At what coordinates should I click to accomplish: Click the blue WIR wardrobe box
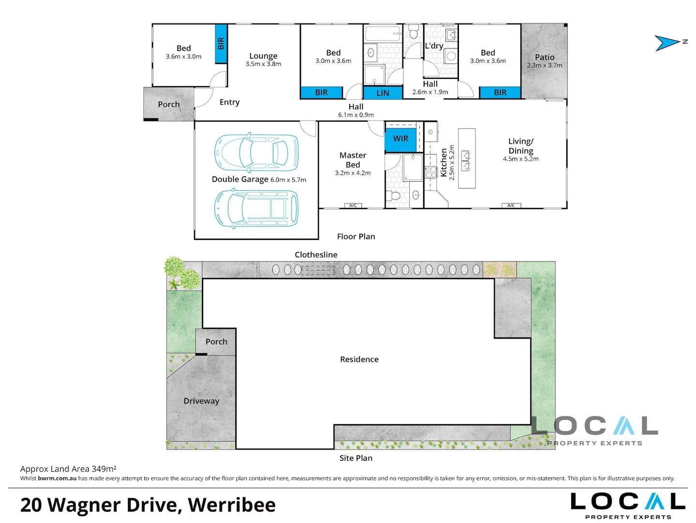pyautogui.click(x=400, y=138)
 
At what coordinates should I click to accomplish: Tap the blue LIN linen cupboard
pyautogui.click(x=383, y=93)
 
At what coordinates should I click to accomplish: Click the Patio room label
pyautogui.click(x=545, y=57)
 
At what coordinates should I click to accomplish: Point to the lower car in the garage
pyautogui.click(x=256, y=208)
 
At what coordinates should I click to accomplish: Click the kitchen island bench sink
pyautogui.click(x=466, y=161)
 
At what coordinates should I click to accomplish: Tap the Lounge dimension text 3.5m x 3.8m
pyautogui.click(x=263, y=64)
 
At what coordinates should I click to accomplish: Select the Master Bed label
pyautogui.click(x=353, y=160)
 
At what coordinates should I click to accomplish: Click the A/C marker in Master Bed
pyautogui.click(x=353, y=206)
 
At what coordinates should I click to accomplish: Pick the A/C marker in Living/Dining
pyautogui.click(x=511, y=206)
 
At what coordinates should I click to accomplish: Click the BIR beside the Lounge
pyautogui.click(x=221, y=44)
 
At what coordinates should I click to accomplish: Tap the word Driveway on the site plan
pyautogui.click(x=201, y=401)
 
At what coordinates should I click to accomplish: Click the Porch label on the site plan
pyautogui.click(x=216, y=342)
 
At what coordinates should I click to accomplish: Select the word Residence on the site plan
pyautogui.click(x=359, y=359)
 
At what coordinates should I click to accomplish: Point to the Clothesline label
pyautogui.click(x=316, y=255)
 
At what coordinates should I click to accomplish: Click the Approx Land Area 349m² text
pyautogui.click(x=68, y=469)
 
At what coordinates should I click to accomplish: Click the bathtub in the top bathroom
pyautogui.click(x=383, y=34)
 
